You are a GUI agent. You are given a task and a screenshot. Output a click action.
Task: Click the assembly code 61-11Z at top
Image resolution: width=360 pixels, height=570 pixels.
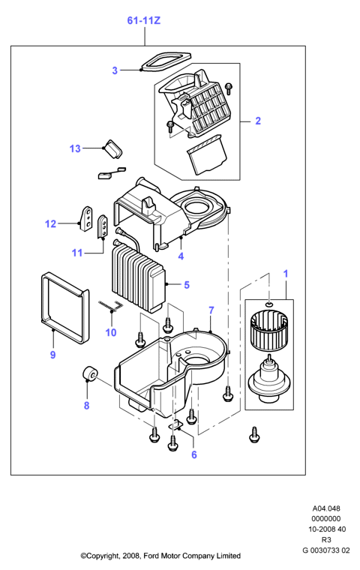point(144,21)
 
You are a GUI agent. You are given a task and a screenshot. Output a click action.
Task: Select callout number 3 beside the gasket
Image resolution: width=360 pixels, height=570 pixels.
point(115,70)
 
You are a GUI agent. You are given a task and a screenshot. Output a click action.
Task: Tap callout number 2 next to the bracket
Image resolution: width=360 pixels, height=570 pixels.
point(258,121)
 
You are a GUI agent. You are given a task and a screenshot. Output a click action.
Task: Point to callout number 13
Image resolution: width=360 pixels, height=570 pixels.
point(75,148)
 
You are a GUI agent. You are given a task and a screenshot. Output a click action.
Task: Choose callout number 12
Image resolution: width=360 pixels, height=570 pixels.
point(50,224)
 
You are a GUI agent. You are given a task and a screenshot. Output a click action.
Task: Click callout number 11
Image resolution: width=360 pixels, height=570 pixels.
point(77,252)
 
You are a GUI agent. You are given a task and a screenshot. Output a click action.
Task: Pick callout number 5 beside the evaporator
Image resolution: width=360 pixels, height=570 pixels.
point(187,285)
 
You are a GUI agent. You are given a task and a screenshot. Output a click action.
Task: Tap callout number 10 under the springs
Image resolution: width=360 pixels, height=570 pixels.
point(111,332)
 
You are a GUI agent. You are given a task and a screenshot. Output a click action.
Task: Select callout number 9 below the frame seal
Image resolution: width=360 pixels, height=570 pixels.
point(52,355)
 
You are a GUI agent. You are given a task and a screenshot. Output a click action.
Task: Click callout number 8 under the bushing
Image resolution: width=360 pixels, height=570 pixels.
point(86,405)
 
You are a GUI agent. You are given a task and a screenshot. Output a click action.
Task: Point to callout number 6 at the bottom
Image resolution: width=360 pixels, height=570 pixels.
point(193,454)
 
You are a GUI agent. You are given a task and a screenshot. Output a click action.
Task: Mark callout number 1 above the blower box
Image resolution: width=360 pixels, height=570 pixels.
point(286,274)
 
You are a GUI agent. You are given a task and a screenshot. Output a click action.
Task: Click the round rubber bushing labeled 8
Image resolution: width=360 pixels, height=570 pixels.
point(89,373)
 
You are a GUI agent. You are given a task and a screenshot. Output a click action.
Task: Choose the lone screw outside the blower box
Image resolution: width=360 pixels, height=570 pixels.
point(254,434)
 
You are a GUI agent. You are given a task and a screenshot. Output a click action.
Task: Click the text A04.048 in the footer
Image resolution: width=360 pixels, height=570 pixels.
point(326,508)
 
